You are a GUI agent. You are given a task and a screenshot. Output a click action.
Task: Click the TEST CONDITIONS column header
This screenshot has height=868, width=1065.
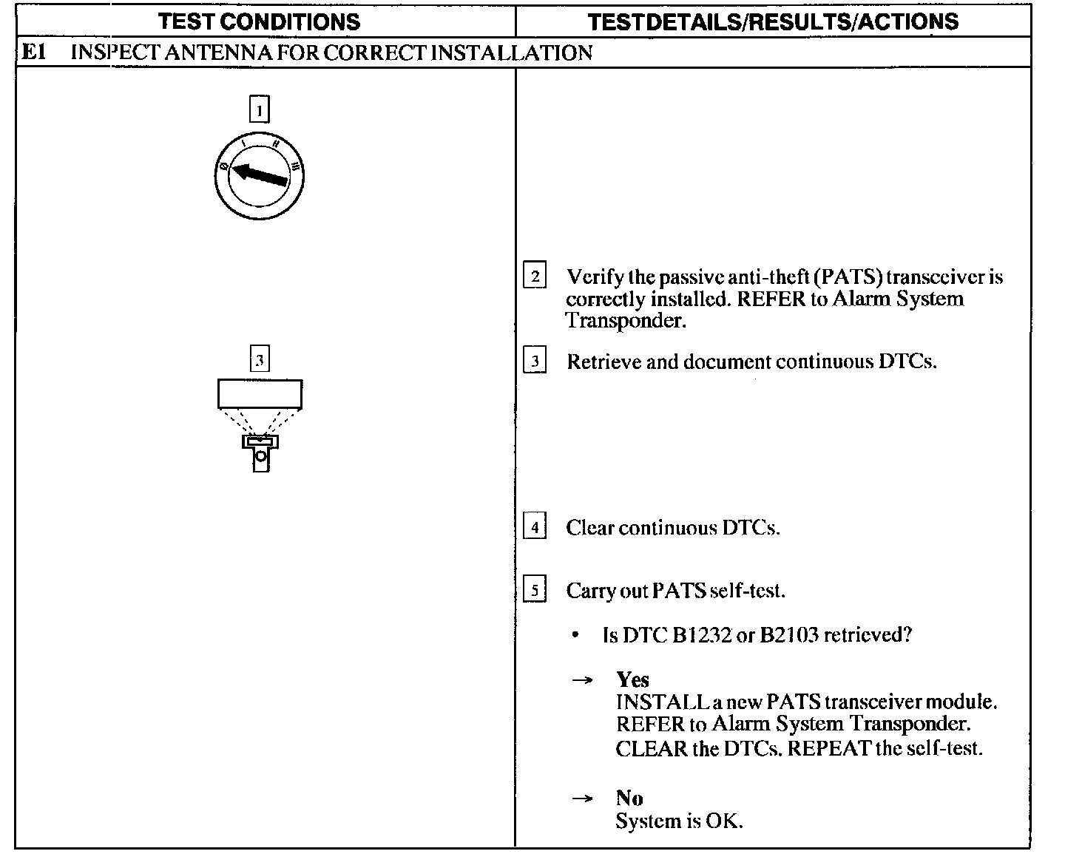pos(260,21)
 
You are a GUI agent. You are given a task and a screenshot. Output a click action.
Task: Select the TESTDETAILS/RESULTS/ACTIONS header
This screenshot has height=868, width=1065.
pos(773,21)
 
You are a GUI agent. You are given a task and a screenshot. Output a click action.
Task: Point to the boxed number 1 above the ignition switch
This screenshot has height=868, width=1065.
pos(260,109)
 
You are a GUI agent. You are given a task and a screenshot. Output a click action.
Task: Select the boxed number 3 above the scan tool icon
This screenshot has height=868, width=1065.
pos(260,359)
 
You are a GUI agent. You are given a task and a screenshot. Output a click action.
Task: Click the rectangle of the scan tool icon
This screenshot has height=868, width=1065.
pos(260,393)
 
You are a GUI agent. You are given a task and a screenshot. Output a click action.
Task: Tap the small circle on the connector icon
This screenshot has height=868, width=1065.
pos(260,457)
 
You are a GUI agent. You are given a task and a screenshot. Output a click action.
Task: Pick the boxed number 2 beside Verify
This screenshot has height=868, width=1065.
pos(534,276)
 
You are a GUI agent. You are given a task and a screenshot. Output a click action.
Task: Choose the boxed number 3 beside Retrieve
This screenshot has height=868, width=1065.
pos(534,362)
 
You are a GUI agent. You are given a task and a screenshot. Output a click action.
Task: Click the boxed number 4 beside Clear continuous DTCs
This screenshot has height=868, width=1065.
pos(534,527)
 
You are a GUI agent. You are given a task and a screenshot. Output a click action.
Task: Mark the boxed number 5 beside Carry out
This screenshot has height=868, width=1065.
pos(534,591)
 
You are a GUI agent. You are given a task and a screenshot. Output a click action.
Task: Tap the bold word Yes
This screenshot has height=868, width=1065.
pos(632,679)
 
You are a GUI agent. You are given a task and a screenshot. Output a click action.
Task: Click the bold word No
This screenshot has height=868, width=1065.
pos(629,799)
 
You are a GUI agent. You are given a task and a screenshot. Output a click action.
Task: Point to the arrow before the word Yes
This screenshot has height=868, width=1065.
pos(583,679)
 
